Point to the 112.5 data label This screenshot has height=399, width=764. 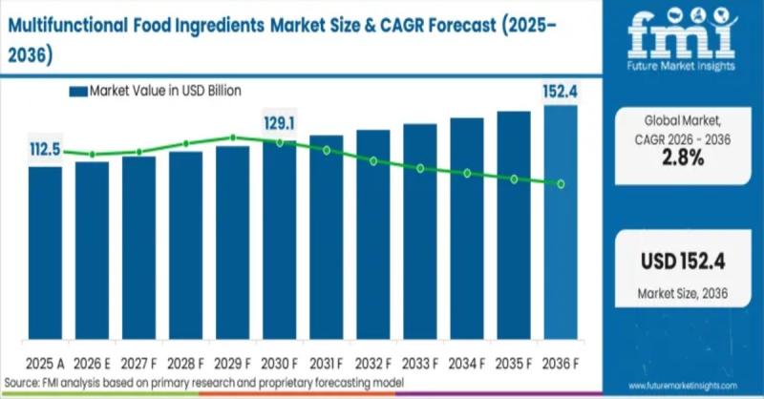pyautogui.click(x=45, y=149)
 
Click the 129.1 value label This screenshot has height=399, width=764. pyautogui.click(x=280, y=123)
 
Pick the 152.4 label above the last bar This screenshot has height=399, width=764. pyautogui.click(x=560, y=93)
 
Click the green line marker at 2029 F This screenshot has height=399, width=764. pyautogui.click(x=233, y=137)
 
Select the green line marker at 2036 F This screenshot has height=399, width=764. pyautogui.click(x=561, y=183)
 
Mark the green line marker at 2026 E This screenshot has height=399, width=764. pyautogui.click(x=93, y=154)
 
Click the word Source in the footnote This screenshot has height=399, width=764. pyautogui.click(x=21, y=382)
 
